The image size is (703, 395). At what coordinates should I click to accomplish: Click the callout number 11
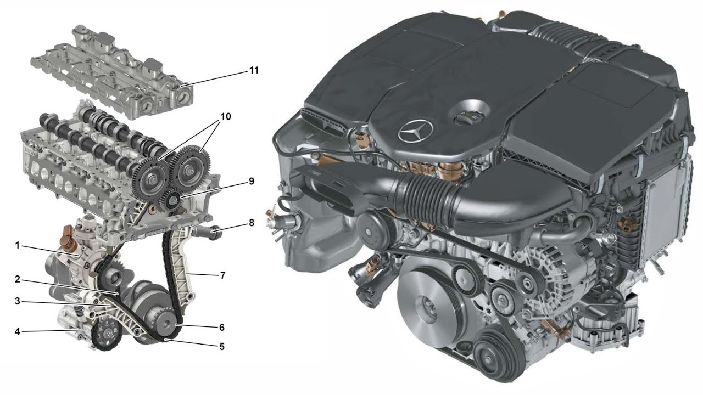point(254,70)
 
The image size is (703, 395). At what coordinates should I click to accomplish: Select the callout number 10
point(225,117)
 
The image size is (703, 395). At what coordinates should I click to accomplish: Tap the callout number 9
point(252,181)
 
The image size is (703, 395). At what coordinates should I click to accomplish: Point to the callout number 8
point(252,223)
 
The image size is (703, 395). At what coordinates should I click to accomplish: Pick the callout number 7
point(222,275)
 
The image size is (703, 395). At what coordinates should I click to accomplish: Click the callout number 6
point(222,328)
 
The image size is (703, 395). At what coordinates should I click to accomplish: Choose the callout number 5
point(222,346)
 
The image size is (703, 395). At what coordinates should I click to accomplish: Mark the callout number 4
point(18,331)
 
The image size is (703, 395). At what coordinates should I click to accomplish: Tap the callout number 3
point(18,301)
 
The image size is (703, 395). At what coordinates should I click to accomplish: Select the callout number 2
point(18,279)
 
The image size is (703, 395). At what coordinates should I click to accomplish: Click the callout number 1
point(18,245)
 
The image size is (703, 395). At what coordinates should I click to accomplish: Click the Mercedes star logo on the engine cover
point(416,132)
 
